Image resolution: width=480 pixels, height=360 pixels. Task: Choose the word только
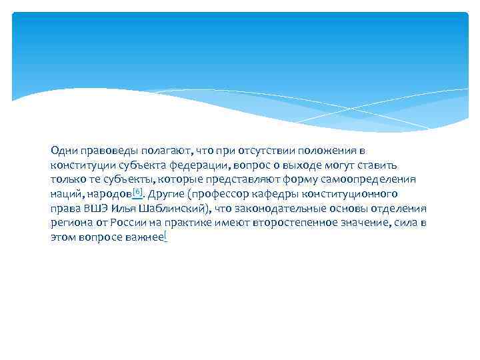[65, 179]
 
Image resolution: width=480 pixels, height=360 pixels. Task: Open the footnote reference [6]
[137, 192]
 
